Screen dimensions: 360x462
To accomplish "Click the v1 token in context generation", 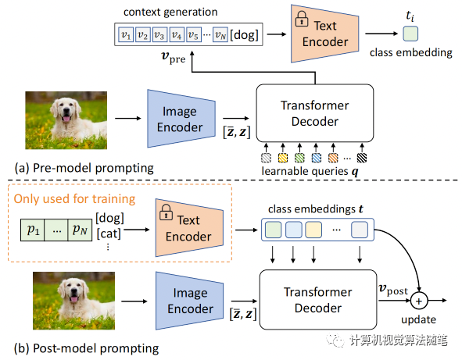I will (124, 34).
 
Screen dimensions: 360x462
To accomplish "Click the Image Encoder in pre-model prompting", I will (179, 116).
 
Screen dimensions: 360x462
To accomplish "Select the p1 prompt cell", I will (31, 231).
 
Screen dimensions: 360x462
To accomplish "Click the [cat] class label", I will (109, 232).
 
